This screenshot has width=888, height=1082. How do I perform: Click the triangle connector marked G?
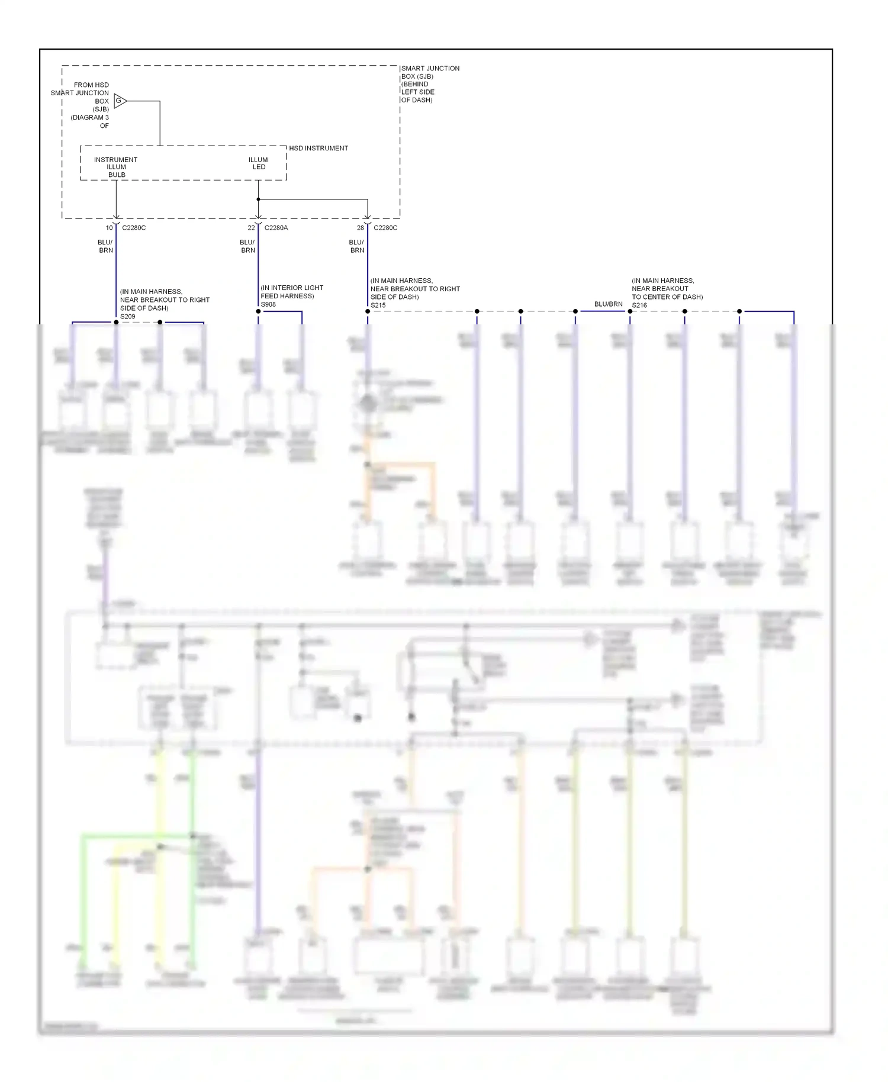point(120,101)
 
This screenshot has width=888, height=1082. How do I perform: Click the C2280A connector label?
point(276,228)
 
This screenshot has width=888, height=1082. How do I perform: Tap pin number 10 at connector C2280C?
point(109,228)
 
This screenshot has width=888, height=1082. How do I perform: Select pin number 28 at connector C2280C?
point(360,228)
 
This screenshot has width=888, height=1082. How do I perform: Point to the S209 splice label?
point(127,317)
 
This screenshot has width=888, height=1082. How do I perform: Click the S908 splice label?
point(268,305)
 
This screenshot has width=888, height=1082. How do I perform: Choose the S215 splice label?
point(378,305)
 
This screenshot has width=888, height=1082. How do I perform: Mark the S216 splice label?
point(639,305)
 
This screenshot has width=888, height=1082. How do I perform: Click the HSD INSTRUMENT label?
point(318,149)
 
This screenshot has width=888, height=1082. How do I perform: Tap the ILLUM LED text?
point(258,163)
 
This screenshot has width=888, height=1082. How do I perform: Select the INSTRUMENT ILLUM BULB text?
point(115,167)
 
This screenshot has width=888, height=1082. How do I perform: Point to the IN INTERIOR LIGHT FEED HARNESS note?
point(292,292)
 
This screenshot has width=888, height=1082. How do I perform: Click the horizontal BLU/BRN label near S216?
point(608,304)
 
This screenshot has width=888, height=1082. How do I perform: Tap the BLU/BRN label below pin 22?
point(247,246)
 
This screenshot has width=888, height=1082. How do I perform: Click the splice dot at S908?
point(258,311)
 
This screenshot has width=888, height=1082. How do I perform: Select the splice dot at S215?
point(368,311)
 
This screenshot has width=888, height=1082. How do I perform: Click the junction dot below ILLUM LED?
point(258,199)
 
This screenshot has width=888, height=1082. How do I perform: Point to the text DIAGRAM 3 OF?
point(90,121)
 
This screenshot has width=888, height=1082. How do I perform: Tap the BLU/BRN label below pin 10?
point(105,246)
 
